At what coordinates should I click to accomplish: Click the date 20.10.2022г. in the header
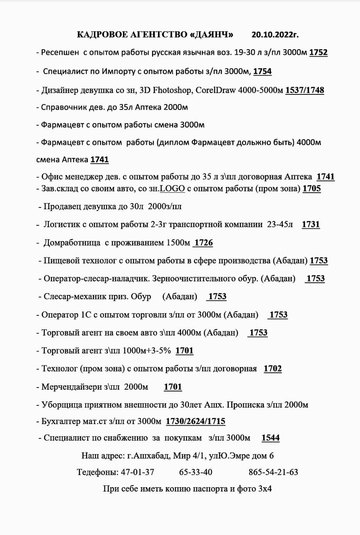point(275,34)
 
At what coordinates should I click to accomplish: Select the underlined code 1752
point(318,53)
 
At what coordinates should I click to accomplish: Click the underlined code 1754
point(262,71)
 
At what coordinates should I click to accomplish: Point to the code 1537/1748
point(304,90)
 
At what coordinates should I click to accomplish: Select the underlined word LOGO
point(173,189)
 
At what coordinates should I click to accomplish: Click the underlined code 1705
point(312,189)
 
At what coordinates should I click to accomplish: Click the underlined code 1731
point(310,224)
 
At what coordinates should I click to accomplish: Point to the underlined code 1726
point(203,243)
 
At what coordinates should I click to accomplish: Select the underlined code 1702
point(273,369)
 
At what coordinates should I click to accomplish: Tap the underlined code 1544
point(270,438)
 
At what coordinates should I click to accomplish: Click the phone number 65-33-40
point(196,472)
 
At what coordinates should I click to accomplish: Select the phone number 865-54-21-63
point(273,472)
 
